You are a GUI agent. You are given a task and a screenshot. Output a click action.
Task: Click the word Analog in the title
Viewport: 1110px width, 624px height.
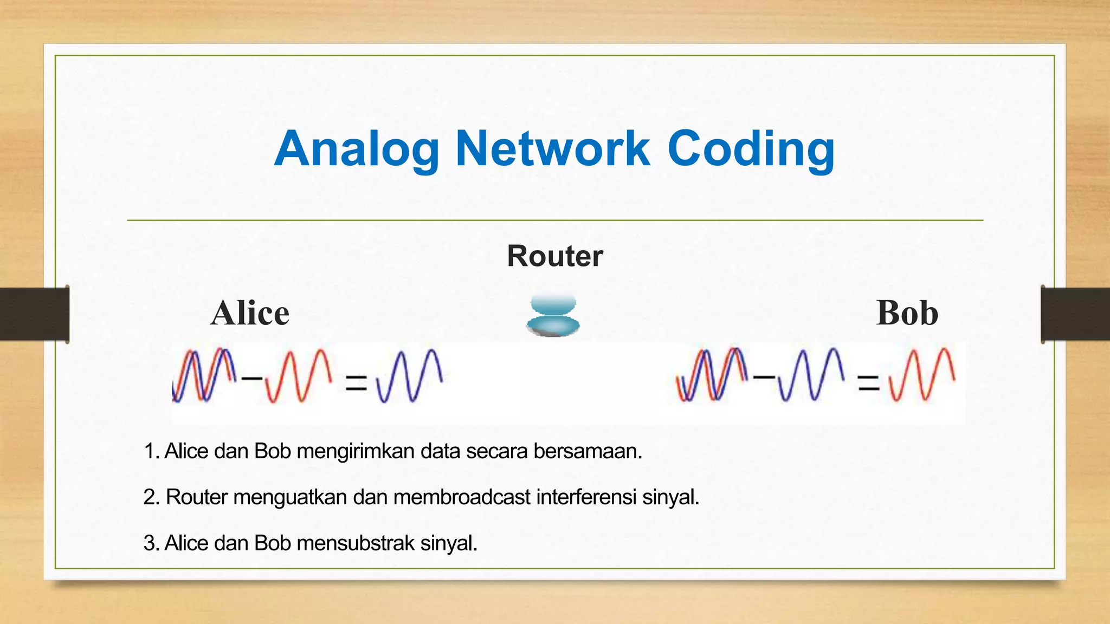pos(357,149)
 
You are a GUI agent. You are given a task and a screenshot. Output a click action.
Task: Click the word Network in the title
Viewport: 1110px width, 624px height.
pos(552,149)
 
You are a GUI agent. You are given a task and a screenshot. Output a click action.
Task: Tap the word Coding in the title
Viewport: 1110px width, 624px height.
pos(751,149)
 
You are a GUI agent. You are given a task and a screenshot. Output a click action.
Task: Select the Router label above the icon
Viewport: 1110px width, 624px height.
pos(554,256)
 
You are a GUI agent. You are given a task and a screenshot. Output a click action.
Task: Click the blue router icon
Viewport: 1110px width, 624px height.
pos(553,316)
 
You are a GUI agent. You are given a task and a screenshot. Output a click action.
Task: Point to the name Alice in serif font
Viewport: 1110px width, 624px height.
pos(250,313)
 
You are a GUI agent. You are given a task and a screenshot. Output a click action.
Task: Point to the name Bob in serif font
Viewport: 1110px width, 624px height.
pos(907,313)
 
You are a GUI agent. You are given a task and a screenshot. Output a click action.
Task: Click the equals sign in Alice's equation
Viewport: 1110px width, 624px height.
pos(356,383)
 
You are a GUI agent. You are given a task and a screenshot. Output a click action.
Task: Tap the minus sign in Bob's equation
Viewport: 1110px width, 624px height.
pos(764,376)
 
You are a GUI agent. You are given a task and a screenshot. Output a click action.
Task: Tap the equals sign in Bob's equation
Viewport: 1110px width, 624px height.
pos(868,383)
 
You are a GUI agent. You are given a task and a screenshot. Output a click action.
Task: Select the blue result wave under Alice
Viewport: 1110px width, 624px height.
pos(409,376)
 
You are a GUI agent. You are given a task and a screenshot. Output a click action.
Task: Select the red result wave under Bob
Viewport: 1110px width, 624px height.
pos(922,375)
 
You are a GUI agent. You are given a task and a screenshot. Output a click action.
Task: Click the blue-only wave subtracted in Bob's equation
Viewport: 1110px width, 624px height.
pos(811,375)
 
